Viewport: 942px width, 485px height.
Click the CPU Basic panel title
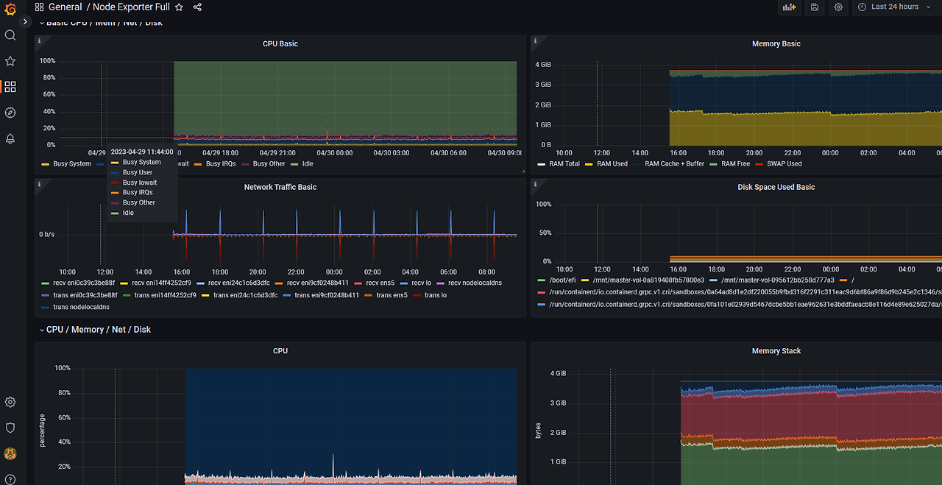click(280, 44)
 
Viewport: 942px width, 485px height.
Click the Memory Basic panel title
click(776, 44)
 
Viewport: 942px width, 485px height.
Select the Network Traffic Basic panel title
click(280, 187)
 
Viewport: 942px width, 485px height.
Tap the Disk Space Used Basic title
click(776, 187)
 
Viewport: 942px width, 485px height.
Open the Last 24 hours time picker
click(894, 7)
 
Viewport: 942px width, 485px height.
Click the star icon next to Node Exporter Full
click(179, 7)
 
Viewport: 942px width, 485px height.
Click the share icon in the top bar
click(197, 7)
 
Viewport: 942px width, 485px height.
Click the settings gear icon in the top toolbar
click(838, 7)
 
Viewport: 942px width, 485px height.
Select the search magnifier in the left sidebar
click(10, 35)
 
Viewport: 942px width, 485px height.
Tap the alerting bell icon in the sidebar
click(10, 138)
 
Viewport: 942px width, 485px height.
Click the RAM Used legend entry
click(612, 164)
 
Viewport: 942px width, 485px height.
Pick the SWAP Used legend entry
click(784, 164)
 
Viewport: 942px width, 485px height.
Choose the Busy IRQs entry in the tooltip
click(138, 193)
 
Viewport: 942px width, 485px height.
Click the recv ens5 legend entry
click(380, 283)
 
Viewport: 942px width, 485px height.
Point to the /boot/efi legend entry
click(562, 280)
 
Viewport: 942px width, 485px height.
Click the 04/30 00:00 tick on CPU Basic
click(334, 153)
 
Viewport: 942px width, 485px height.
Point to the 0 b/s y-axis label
click(47, 235)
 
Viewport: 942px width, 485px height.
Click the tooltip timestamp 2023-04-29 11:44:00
click(142, 152)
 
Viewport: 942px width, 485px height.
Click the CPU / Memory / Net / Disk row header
click(98, 330)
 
